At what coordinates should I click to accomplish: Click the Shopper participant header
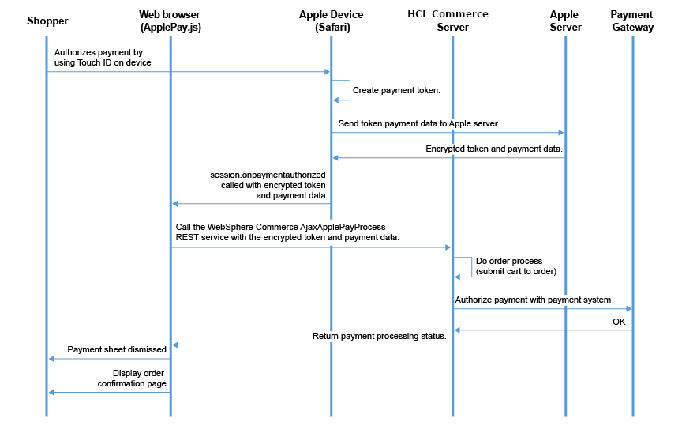click(47, 21)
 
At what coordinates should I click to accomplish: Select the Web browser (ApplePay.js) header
click(170, 21)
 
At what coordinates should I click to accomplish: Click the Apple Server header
click(564, 21)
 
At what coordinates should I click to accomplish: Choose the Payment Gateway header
click(631, 21)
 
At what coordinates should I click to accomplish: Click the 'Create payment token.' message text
click(396, 90)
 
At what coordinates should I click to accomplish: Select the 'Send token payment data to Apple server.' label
click(418, 123)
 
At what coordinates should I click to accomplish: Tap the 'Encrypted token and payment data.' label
click(494, 148)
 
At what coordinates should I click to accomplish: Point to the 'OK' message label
click(619, 322)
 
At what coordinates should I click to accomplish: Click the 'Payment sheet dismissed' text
click(117, 349)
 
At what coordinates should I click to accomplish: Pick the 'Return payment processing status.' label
click(380, 336)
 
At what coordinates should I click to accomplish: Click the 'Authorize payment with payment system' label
click(533, 300)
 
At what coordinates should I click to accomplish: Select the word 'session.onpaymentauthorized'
click(269, 173)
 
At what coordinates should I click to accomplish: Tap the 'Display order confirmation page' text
click(132, 378)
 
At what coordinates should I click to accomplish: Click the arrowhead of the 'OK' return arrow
click(456, 330)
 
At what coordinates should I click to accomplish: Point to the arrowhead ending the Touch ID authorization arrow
click(326, 72)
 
